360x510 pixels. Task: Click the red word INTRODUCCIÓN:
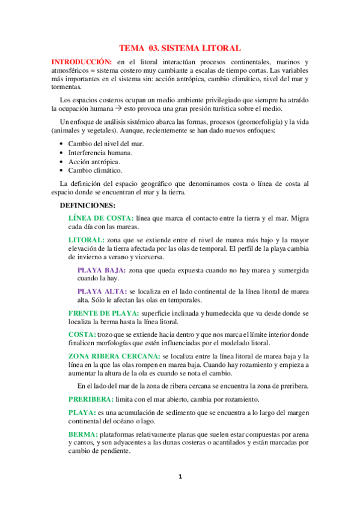(x=81, y=62)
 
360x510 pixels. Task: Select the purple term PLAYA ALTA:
(x=102, y=292)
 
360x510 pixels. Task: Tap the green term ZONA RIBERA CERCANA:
(x=114, y=356)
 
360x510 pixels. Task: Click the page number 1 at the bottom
(x=180, y=477)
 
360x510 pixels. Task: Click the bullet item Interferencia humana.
(x=100, y=153)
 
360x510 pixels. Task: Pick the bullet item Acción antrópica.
(x=94, y=162)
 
